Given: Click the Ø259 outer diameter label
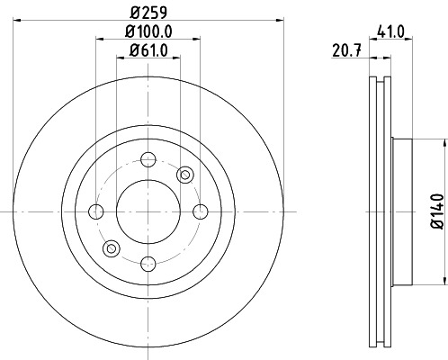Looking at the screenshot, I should (x=147, y=13).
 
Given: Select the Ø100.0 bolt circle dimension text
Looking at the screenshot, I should (x=147, y=33).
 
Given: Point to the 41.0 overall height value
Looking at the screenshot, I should (x=391, y=29).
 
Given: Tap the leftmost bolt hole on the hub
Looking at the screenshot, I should (x=96, y=211).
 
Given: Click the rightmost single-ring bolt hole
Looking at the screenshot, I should (x=198, y=211).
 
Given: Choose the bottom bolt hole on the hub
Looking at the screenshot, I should (x=147, y=263).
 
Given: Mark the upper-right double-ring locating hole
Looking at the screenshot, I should (x=185, y=174).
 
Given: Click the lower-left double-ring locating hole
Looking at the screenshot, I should (x=111, y=248).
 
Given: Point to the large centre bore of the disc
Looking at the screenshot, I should (x=147, y=211).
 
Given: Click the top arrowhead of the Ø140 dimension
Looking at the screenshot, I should (x=442, y=142).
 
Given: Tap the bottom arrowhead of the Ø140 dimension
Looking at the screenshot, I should (x=442, y=282).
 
